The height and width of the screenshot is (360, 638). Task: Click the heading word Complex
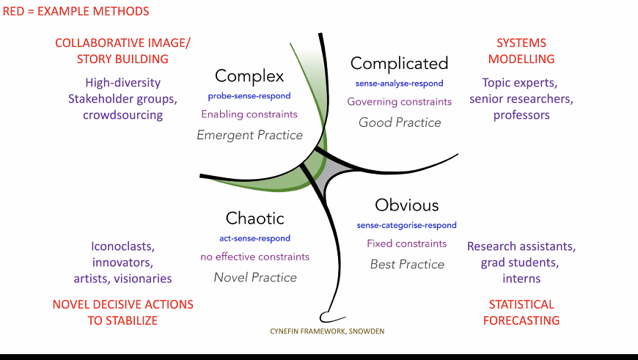click(249, 76)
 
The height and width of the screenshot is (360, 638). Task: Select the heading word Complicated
click(399, 64)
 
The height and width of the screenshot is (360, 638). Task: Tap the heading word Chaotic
click(254, 218)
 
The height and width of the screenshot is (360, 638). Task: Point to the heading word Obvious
click(406, 205)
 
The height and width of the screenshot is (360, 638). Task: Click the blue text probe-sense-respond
click(249, 96)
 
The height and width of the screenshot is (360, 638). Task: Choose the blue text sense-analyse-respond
click(400, 84)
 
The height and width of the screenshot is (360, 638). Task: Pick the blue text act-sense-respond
click(254, 238)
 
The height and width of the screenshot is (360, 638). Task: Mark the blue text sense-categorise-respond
click(406, 225)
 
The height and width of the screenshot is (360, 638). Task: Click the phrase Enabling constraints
click(249, 114)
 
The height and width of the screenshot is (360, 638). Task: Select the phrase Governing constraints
click(400, 102)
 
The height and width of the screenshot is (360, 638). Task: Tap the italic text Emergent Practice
click(249, 135)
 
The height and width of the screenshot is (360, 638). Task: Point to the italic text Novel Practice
click(255, 277)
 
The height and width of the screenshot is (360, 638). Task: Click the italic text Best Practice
click(407, 264)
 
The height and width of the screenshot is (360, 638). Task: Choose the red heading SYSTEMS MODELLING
click(521, 51)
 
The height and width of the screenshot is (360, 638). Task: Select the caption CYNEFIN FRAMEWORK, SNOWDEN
click(327, 331)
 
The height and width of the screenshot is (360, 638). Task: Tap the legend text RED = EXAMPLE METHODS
click(76, 12)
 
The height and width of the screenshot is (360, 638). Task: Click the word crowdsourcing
click(122, 115)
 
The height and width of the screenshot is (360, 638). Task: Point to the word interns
click(521, 279)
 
